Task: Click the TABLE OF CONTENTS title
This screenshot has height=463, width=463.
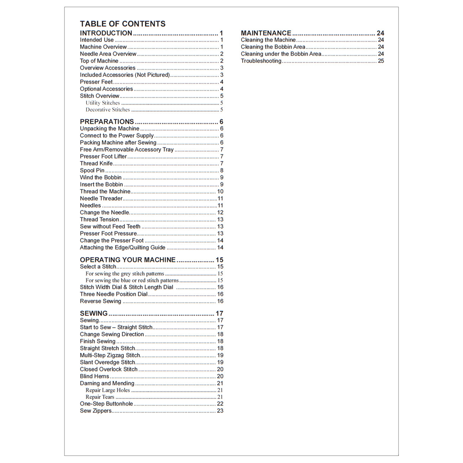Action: (x=123, y=24)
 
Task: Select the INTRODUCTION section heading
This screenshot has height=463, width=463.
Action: (x=106, y=33)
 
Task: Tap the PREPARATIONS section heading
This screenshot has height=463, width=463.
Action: (x=107, y=122)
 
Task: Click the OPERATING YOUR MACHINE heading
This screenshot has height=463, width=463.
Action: (x=128, y=260)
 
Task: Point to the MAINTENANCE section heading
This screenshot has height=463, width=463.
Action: (x=266, y=33)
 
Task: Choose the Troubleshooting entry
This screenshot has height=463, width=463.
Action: (x=261, y=61)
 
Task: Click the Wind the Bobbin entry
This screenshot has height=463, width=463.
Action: (x=101, y=177)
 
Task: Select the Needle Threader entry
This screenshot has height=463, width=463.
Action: (x=101, y=198)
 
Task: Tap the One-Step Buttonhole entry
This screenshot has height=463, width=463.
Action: (x=106, y=404)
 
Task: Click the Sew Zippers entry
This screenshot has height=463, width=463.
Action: (x=96, y=411)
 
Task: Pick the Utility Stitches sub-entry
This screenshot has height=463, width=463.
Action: (x=103, y=103)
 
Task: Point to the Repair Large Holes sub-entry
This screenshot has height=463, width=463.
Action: (x=108, y=390)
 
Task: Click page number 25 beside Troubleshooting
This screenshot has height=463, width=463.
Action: (x=381, y=61)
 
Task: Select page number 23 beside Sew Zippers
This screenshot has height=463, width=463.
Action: (x=220, y=411)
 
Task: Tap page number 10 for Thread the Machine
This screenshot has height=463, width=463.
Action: (x=220, y=192)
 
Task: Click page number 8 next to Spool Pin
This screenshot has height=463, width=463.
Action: (x=222, y=171)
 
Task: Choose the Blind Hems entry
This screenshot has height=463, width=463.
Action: (x=94, y=376)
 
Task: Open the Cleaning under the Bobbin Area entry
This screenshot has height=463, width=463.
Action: (x=281, y=54)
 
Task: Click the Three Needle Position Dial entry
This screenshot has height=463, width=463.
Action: (x=114, y=294)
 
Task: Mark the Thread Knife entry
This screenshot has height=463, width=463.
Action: (x=96, y=163)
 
